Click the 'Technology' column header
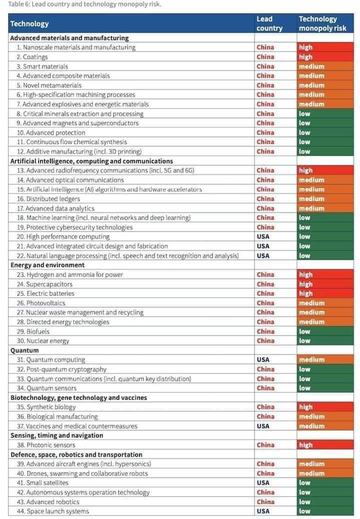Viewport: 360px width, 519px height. (x=29, y=23)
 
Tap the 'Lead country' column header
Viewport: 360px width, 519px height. (x=269, y=23)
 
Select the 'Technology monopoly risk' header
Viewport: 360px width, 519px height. (x=322, y=23)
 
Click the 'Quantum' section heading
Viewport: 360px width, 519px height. (x=24, y=350)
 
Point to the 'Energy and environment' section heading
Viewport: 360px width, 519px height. (x=47, y=265)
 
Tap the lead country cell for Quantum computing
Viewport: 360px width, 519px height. (x=263, y=359)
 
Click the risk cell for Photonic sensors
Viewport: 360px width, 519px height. (x=324, y=445)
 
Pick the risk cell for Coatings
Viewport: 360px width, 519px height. (x=324, y=57)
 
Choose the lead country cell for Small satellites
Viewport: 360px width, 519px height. (x=263, y=482)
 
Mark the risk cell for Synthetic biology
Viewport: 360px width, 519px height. (x=324, y=407)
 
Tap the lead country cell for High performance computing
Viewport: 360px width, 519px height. (x=263, y=236)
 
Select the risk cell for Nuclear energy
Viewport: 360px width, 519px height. (x=324, y=340)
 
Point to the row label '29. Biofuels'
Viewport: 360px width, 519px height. (x=33, y=331)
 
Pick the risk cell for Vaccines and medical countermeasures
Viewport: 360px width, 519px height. (x=324, y=426)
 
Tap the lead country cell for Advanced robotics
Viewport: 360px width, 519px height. (x=265, y=501)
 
